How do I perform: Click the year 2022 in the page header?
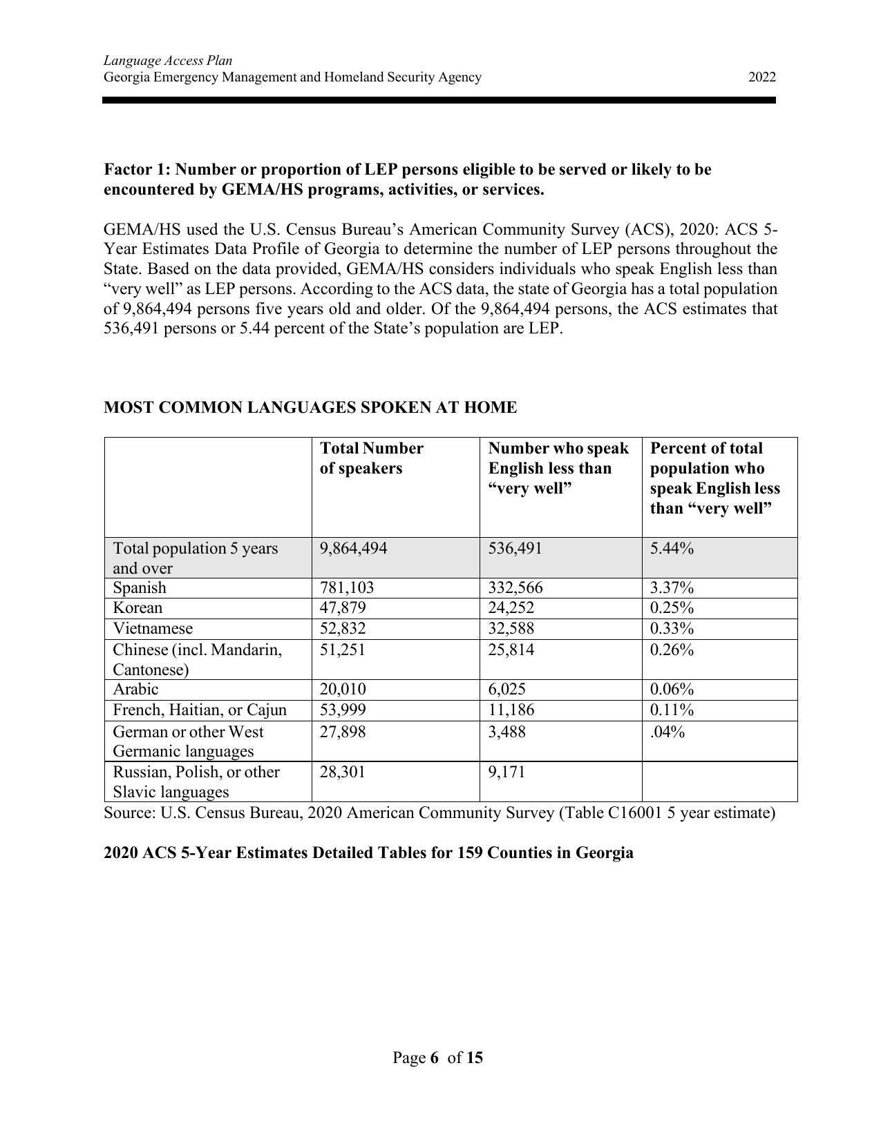pyautogui.click(x=761, y=77)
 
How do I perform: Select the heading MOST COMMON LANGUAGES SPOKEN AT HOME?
pyautogui.click(x=310, y=408)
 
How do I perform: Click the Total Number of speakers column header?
pyautogui.click(x=371, y=458)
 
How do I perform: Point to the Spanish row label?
pyautogui.click(x=140, y=588)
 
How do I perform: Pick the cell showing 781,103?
pyautogui.click(x=347, y=588)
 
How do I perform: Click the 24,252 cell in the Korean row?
pyautogui.click(x=511, y=608)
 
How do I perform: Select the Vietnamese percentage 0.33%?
pyautogui.click(x=672, y=629)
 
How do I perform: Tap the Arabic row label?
pyautogui.click(x=135, y=690)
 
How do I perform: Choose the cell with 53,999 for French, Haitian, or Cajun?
pyautogui.click(x=343, y=710)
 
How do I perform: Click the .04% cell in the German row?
pyautogui.click(x=667, y=732)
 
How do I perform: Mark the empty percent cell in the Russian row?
pyautogui.click(x=719, y=782)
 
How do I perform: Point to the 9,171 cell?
pyautogui.click(x=506, y=772)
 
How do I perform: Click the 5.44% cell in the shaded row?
pyautogui.click(x=672, y=549)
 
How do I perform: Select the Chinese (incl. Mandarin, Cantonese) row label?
pyautogui.click(x=197, y=660)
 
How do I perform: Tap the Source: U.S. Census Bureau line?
pyautogui.click(x=439, y=813)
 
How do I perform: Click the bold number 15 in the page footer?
pyautogui.click(x=474, y=1058)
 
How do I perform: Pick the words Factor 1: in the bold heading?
pyautogui.click(x=137, y=170)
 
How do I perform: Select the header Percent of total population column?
pyautogui.click(x=714, y=478)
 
